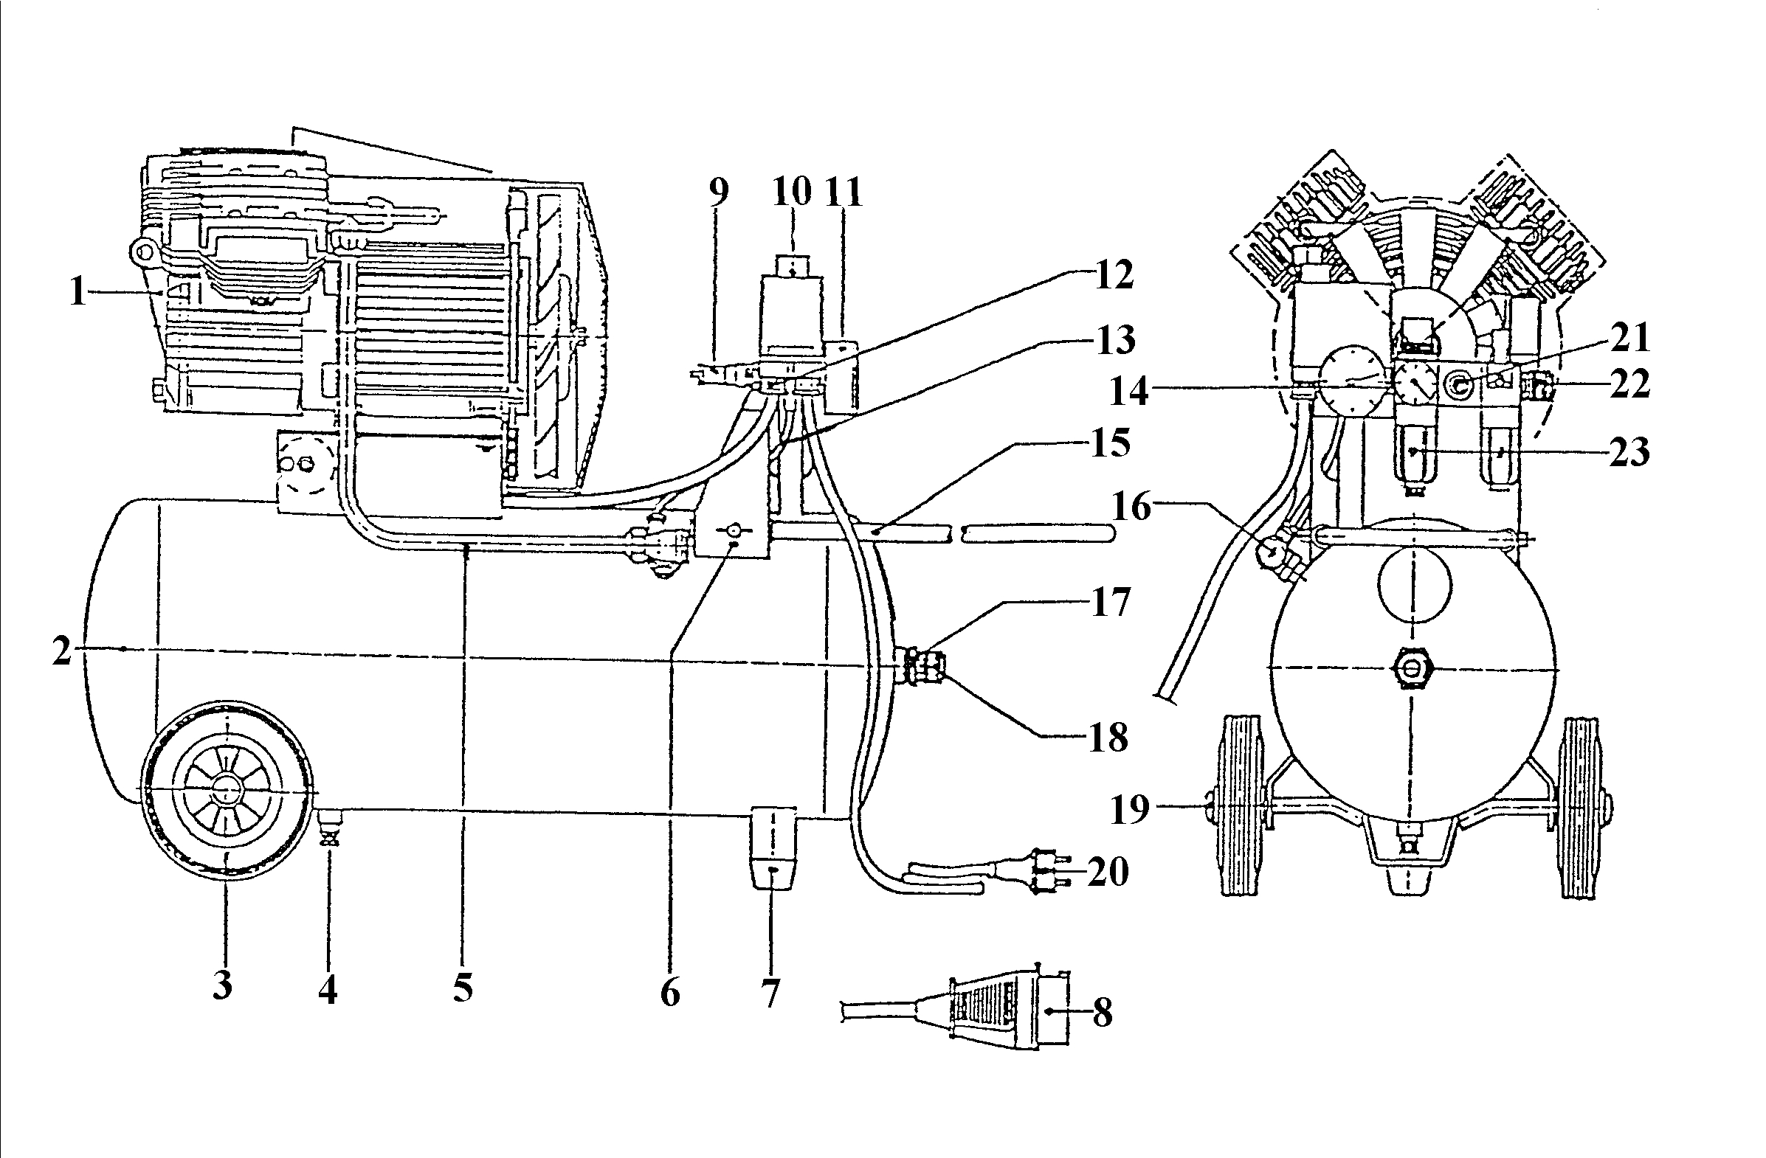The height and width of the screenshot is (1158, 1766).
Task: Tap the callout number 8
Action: click(1103, 1013)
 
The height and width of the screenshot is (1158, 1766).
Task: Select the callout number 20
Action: click(1108, 871)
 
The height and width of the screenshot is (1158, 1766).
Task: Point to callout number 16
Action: click(1131, 507)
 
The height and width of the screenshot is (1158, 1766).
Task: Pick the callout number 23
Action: click(1629, 451)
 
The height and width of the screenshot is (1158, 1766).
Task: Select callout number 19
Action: click(1129, 808)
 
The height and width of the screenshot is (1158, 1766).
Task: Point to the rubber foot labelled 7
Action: click(773, 847)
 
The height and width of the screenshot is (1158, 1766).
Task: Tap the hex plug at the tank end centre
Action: click(1412, 670)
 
